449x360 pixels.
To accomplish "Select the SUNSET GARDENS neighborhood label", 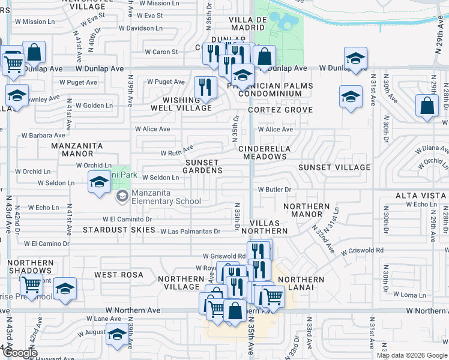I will click(203, 166).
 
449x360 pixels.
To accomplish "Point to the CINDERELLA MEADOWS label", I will click(265, 152).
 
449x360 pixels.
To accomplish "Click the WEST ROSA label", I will click(119, 275).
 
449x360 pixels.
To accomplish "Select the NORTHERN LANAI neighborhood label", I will click(301, 284).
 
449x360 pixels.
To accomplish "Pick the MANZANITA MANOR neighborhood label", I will click(77, 150).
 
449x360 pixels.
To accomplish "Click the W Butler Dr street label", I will click(274, 189).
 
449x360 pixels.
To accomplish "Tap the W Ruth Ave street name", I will click(176, 151).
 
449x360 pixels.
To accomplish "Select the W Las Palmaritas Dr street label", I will click(190, 231).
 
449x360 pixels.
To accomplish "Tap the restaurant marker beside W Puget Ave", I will click(205, 87).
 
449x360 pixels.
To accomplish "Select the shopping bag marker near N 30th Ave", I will click(427, 106).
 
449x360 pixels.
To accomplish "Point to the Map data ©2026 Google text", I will click(412, 355).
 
